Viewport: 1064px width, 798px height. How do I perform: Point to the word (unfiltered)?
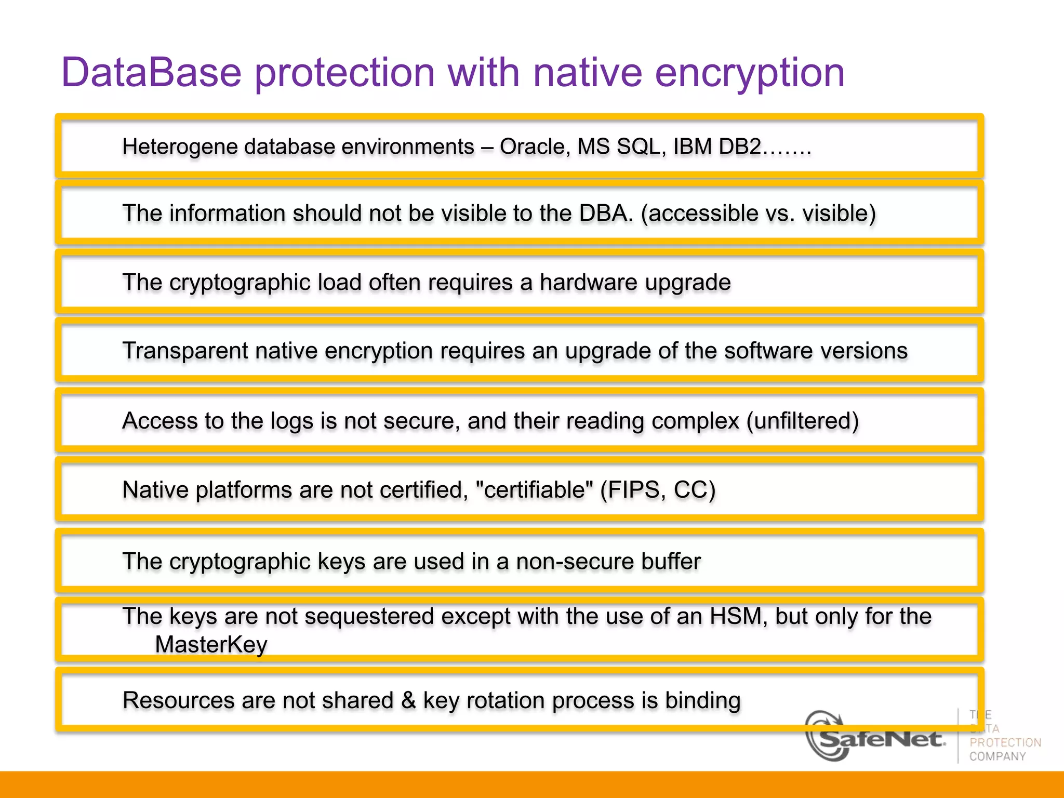[x=803, y=421]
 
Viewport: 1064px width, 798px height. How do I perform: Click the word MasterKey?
[x=211, y=645]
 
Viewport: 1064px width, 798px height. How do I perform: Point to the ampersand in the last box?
[x=408, y=700]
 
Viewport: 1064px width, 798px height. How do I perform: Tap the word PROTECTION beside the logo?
[x=1005, y=742]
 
